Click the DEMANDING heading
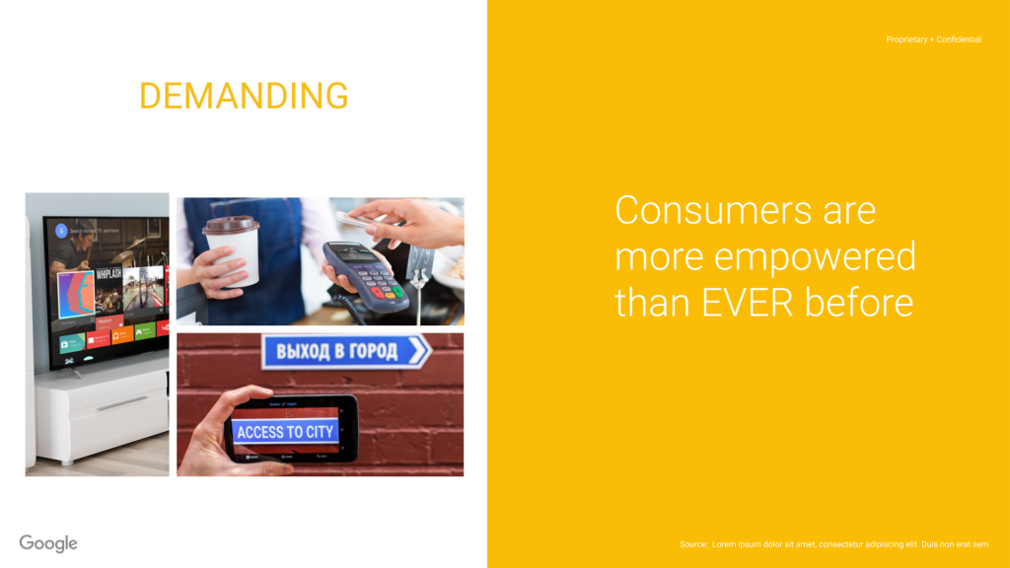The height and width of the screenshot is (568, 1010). (x=244, y=97)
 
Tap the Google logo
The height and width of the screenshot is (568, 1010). (x=48, y=543)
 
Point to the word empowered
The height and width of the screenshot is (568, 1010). (x=815, y=257)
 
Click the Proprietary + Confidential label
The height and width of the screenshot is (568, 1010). (x=933, y=39)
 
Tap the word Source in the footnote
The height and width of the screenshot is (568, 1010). (x=693, y=544)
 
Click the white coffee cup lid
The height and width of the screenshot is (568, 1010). (x=231, y=226)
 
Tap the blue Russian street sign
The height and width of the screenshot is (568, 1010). (x=346, y=351)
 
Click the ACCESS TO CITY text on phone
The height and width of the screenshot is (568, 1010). (x=285, y=432)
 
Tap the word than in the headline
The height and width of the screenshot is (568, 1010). (x=652, y=302)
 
